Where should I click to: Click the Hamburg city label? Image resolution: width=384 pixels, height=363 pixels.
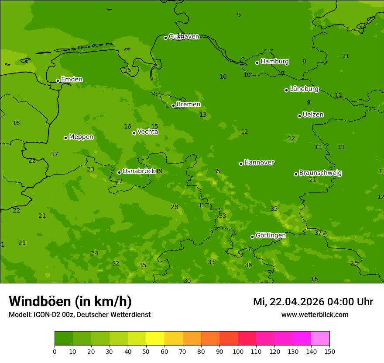[274, 62]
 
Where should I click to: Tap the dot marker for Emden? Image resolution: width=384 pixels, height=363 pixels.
[58, 80]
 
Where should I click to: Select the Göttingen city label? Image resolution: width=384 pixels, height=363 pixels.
[271, 235]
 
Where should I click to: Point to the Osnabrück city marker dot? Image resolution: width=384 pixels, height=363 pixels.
[119, 172]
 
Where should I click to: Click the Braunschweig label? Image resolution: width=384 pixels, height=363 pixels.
[320, 173]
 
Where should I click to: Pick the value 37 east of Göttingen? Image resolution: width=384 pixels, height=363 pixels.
[318, 233]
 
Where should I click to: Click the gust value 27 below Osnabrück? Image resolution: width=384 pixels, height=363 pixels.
[119, 181]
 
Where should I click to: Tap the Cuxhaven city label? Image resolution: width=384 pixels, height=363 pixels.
[184, 37]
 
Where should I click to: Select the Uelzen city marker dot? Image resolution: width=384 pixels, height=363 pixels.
[299, 116]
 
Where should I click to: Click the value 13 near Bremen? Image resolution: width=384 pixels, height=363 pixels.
[203, 115]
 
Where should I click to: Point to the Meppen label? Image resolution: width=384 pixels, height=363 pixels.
[81, 137]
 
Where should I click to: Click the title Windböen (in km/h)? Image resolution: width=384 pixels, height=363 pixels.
[70, 301]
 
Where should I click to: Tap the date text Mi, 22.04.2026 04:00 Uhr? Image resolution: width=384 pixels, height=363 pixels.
[313, 302]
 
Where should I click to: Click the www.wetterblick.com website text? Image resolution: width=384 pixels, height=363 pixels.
[315, 315]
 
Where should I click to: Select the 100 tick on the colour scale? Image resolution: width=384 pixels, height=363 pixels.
[238, 351]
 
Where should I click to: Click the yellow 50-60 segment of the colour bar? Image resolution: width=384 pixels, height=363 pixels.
[155, 338]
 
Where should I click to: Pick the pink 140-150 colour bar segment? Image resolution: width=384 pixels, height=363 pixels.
[320, 338]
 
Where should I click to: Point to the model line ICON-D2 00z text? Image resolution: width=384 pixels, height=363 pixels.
[79, 315]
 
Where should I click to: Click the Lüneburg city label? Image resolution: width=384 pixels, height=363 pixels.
[304, 89]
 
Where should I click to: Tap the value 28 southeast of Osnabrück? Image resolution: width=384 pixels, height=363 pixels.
[174, 207]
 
